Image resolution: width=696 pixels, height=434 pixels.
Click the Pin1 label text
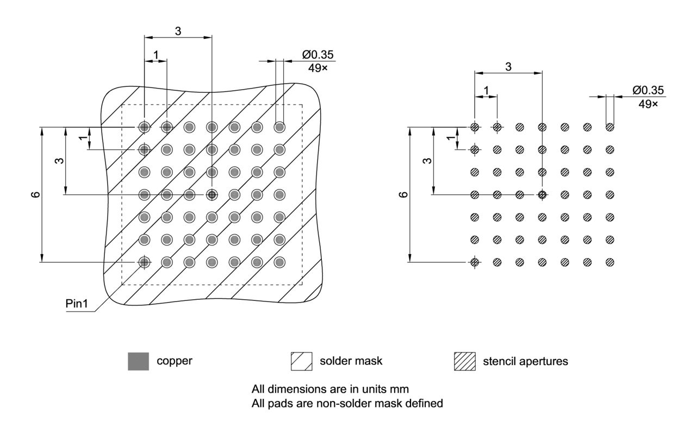(77, 303)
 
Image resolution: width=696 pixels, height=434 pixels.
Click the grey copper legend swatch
(138, 361)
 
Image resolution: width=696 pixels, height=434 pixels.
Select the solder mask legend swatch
(301, 361)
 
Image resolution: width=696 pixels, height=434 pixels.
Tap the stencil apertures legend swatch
(464, 361)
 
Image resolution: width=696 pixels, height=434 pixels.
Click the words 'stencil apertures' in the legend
(525, 361)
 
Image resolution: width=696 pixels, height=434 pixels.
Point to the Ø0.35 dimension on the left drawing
(318, 54)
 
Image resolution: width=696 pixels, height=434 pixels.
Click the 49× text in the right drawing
(648, 103)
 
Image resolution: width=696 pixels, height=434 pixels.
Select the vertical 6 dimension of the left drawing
(36, 194)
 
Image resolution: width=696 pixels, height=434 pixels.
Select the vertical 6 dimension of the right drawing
(403, 194)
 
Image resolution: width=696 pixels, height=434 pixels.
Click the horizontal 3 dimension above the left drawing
(178, 31)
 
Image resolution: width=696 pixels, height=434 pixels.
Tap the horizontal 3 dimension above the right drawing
(508, 67)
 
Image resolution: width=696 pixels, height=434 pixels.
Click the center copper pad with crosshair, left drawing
(212, 194)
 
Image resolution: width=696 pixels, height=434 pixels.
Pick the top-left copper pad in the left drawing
(144, 127)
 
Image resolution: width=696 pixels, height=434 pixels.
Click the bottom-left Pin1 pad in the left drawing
(144, 262)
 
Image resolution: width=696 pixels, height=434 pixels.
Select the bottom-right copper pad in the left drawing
(279, 262)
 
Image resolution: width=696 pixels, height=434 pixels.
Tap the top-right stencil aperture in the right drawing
(610, 127)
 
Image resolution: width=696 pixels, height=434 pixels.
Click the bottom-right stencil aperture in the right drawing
(610, 262)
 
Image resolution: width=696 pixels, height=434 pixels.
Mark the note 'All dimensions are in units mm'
(330, 389)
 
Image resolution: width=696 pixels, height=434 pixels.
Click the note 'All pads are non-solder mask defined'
(347, 404)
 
